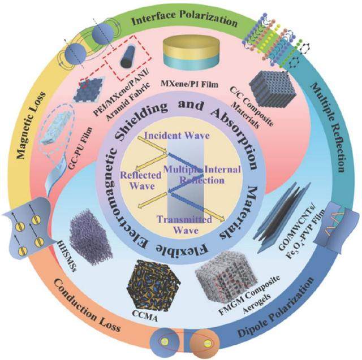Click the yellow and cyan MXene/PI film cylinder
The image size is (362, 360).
[x=191, y=53]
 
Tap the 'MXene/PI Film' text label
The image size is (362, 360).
[x=189, y=84]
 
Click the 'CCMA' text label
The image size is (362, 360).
[x=145, y=316]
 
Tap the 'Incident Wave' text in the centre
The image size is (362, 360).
[x=177, y=136]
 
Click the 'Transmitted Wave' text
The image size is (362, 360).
[x=184, y=224]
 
